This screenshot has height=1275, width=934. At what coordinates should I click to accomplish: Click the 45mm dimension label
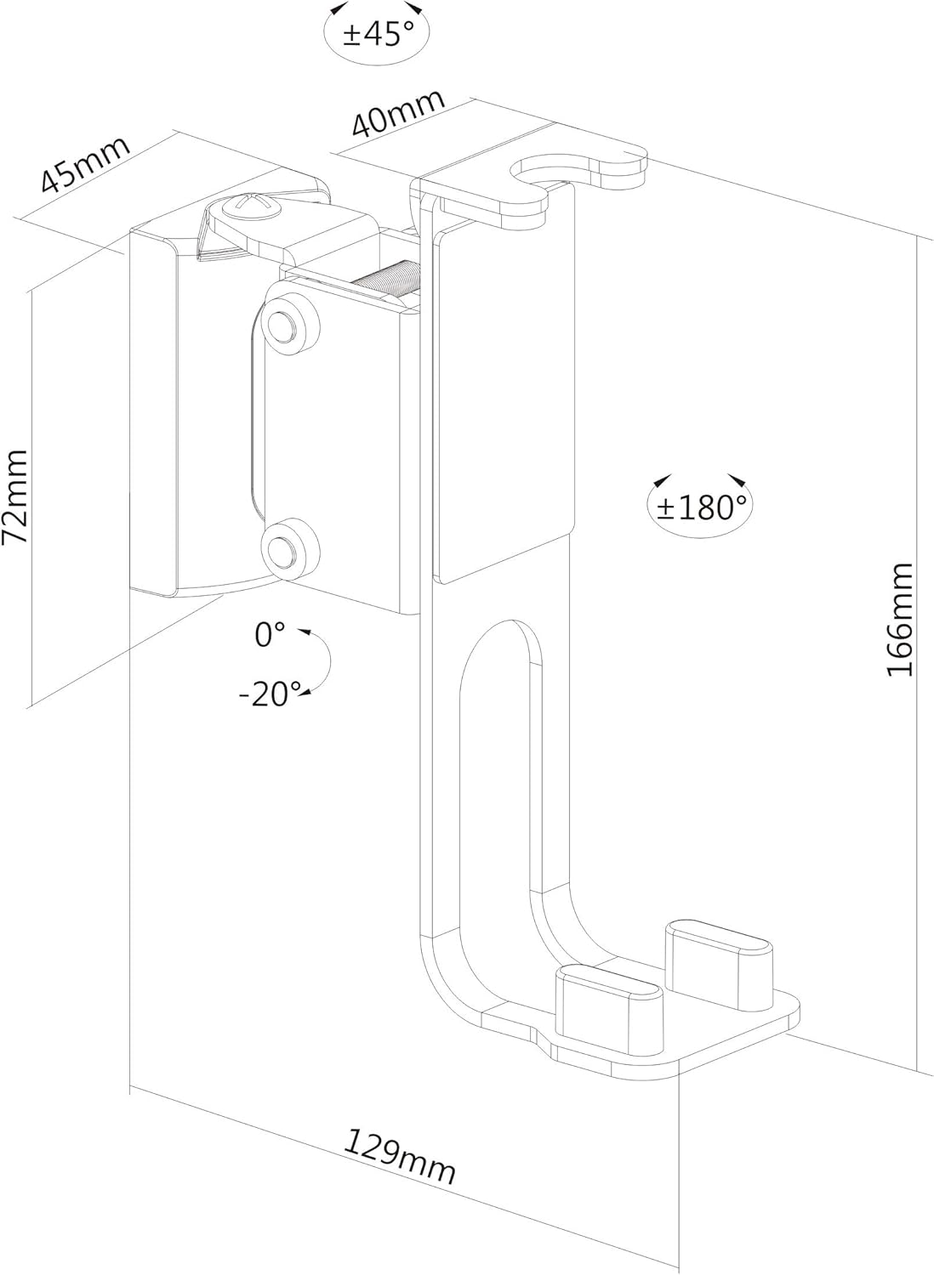click(85, 164)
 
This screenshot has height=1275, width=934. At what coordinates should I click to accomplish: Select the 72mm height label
click(15, 496)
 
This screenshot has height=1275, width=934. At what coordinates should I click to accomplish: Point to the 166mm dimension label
click(900, 620)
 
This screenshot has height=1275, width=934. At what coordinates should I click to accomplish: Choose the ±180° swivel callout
click(701, 507)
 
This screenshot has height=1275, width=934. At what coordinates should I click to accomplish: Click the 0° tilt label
click(270, 635)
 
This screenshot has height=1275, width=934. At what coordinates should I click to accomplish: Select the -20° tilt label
click(270, 694)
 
